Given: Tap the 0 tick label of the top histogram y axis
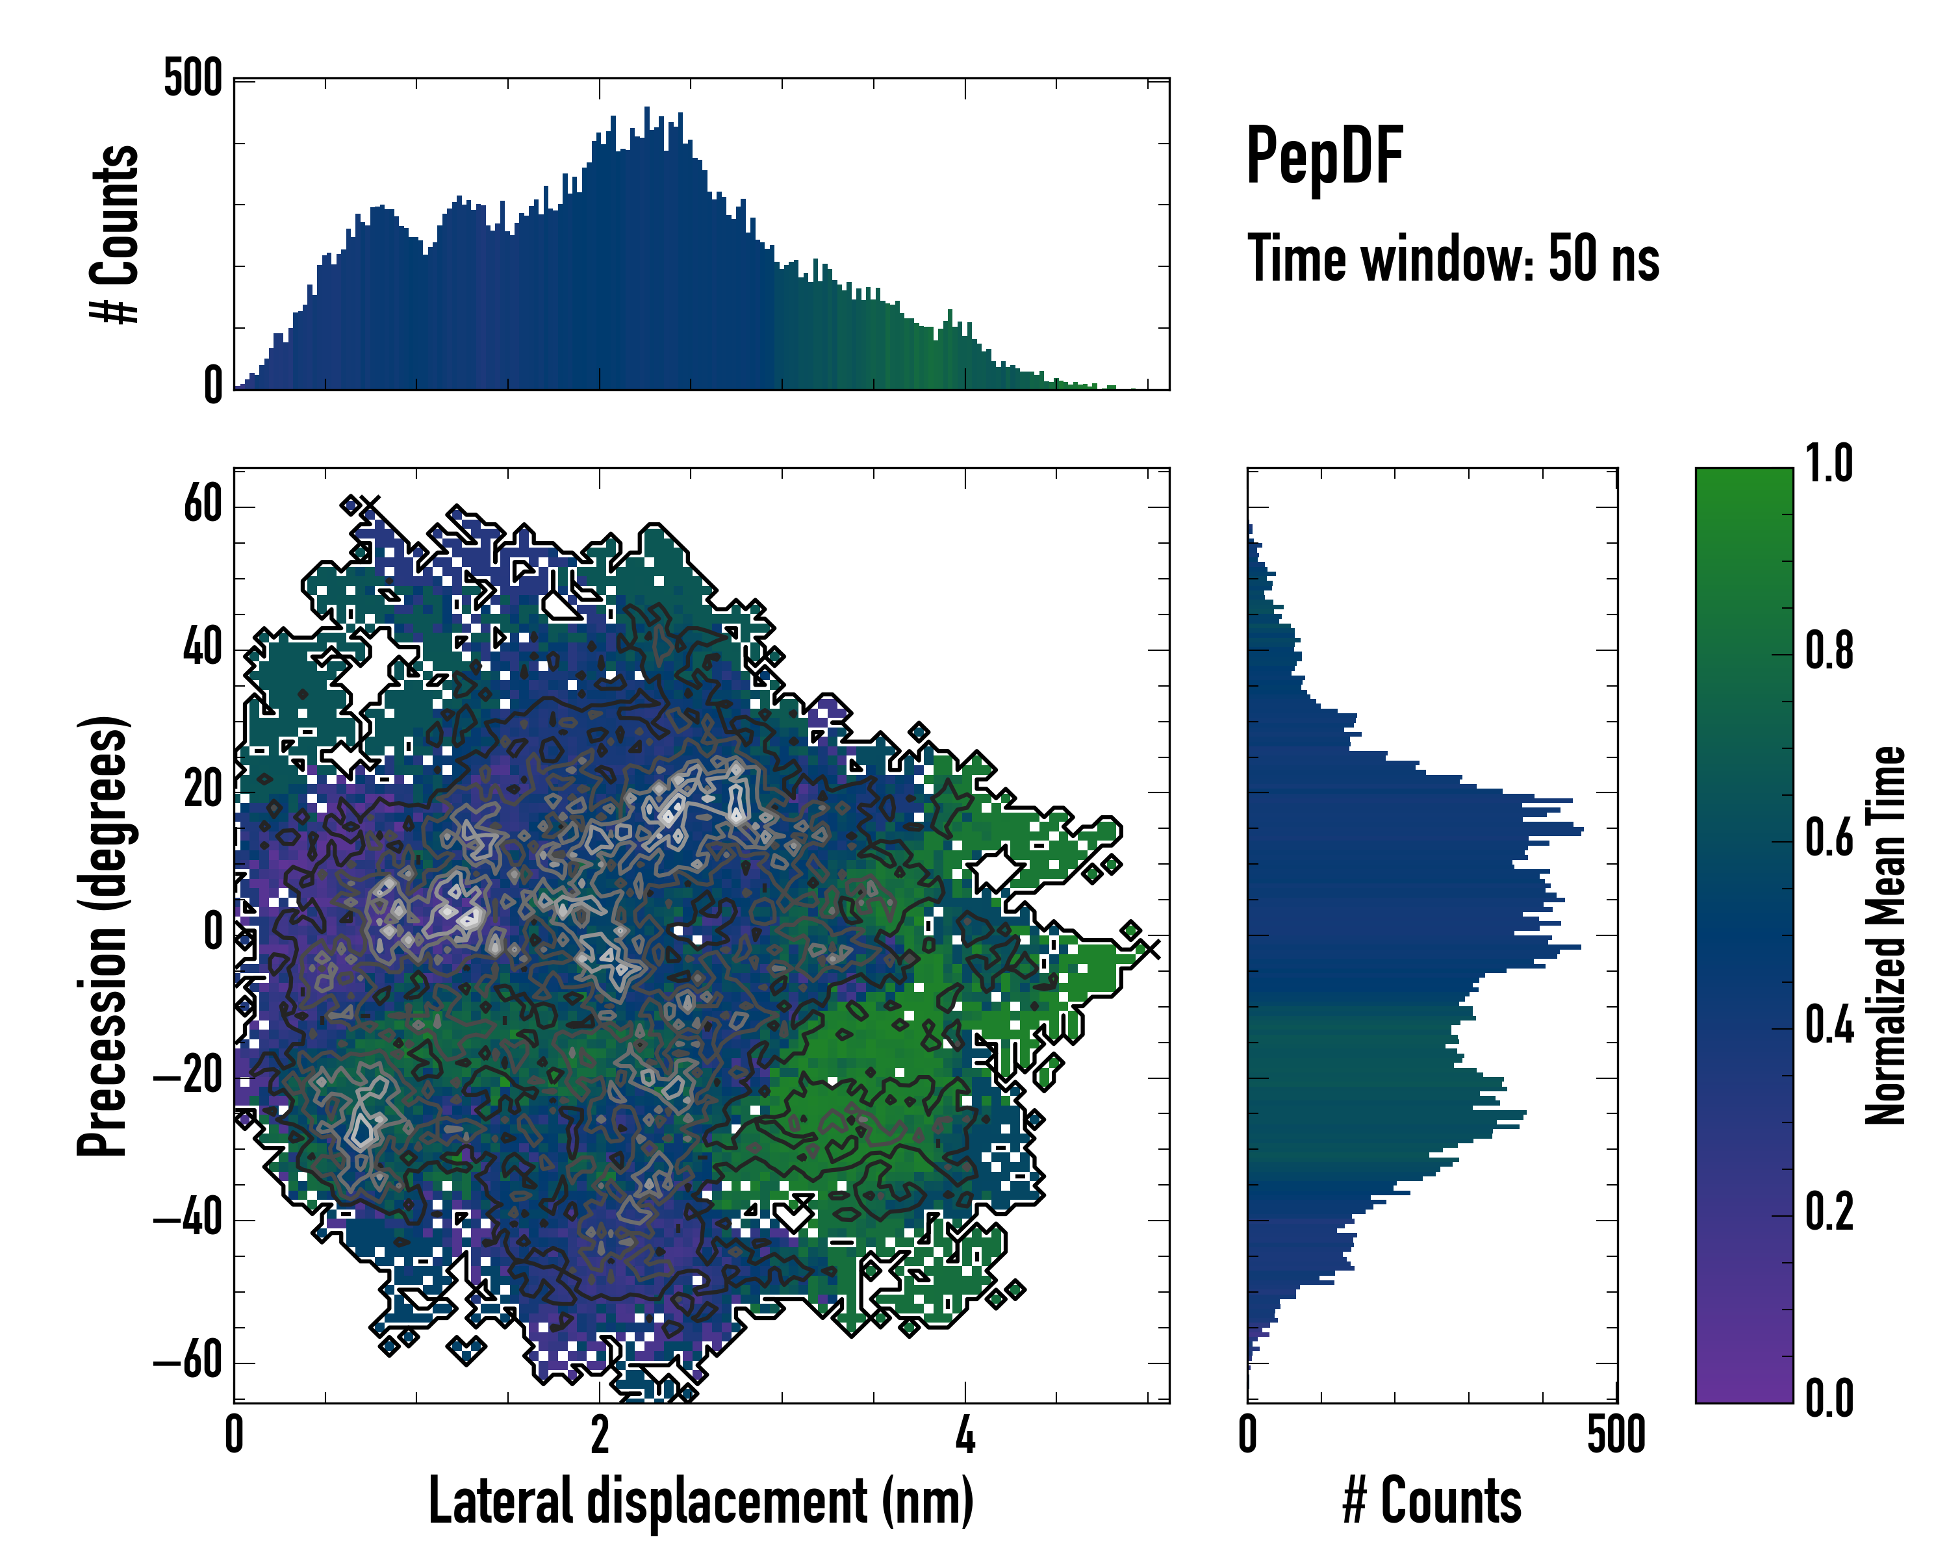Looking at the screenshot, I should (x=212, y=386).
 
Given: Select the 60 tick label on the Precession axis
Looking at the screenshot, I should (x=203, y=504).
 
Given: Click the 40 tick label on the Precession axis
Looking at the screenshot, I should (x=203, y=648).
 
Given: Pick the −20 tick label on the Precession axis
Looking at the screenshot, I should (x=188, y=1076).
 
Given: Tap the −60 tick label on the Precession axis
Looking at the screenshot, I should (x=188, y=1361).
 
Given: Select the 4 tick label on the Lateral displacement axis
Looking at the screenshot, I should (x=965, y=1435).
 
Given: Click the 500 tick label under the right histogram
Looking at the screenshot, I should (x=1616, y=1435).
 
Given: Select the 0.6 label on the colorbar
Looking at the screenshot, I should (x=1828, y=839).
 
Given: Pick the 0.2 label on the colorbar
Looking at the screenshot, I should (x=1828, y=1212).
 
